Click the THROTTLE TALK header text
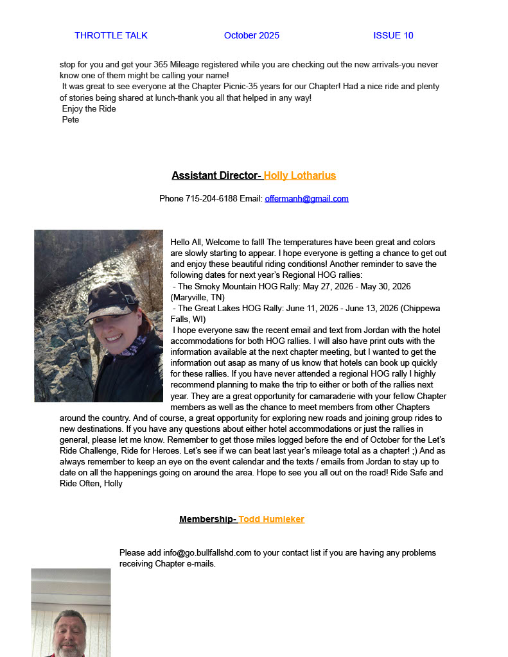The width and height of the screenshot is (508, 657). click(x=110, y=36)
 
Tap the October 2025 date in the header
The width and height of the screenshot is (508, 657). click(x=252, y=36)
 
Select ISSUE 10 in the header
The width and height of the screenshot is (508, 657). click(x=393, y=36)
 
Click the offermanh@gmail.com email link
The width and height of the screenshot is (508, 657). click(x=306, y=199)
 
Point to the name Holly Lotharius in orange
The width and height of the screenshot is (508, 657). click(x=299, y=176)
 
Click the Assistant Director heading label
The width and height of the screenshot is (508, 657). click(x=216, y=176)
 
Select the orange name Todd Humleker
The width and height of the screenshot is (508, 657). click(x=271, y=519)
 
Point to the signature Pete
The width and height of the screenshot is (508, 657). click(x=71, y=119)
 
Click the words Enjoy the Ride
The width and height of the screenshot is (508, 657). click(x=89, y=108)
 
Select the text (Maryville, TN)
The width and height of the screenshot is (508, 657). click(x=197, y=297)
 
